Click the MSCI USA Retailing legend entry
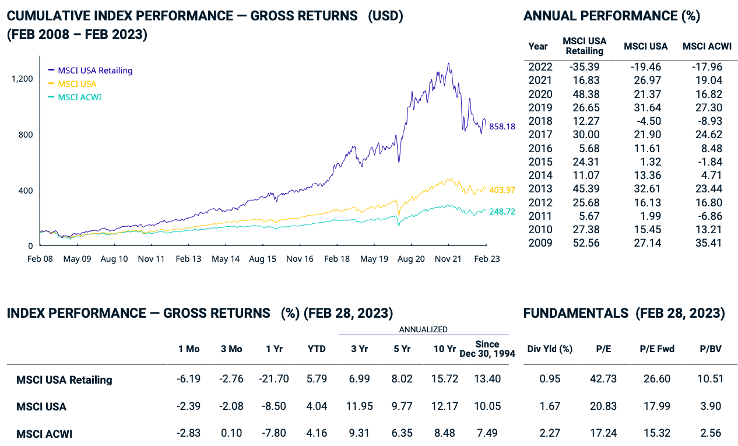[x=95, y=71]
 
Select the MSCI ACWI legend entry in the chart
[x=79, y=97]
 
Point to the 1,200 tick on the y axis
[x=22, y=78]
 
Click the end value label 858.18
[x=502, y=126]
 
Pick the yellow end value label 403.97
[x=502, y=189]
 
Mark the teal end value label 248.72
[x=502, y=212]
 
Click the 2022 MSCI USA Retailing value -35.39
[x=584, y=66]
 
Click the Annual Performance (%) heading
[x=612, y=16]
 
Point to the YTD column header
[x=317, y=349]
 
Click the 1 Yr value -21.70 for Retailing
[x=273, y=379]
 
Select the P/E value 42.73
[x=603, y=379]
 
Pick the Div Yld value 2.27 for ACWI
[x=550, y=433]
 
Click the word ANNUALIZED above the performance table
[x=423, y=329]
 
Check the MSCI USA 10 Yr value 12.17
[x=445, y=406]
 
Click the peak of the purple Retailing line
[x=448, y=63]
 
